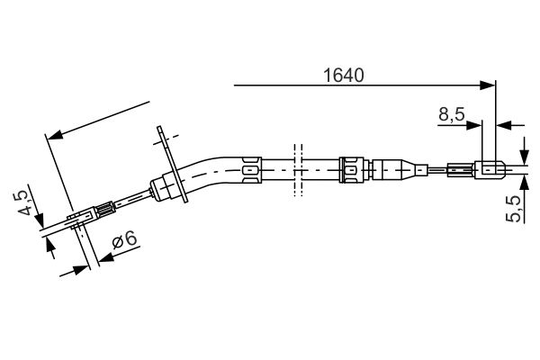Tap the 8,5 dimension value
[451, 114]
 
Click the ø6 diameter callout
[124, 240]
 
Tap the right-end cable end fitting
[490, 168]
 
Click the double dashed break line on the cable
[294, 167]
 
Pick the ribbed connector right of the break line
[352, 167]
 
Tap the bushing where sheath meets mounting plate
[165, 187]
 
